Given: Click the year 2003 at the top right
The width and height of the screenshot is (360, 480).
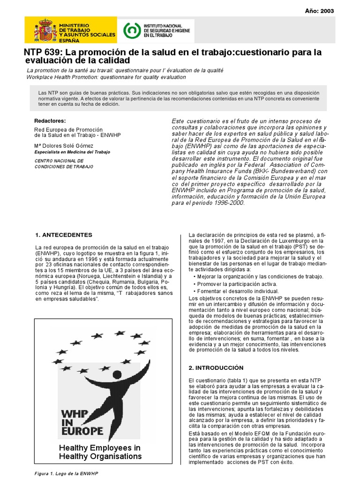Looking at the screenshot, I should pos(327,12).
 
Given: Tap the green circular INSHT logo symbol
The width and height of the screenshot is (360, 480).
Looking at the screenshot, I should pos(132,30).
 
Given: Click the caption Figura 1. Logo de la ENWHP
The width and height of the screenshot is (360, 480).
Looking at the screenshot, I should pos(65,474).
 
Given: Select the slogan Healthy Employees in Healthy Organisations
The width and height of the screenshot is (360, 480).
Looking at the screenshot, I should pos(100,452).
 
